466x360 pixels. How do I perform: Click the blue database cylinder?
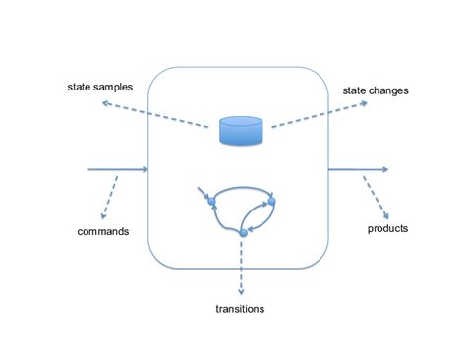(x=240, y=132)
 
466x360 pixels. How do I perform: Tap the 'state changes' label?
(x=375, y=90)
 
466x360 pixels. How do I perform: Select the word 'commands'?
(x=103, y=232)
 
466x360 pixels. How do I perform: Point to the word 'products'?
(x=387, y=228)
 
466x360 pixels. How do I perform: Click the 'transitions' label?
(x=239, y=309)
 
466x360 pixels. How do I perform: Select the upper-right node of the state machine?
(x=272, y=201)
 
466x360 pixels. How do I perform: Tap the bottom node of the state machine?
(x=243, y=233)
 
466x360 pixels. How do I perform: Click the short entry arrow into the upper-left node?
(x=202, y=193)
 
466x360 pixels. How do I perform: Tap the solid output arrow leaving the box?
(x=359, y=170)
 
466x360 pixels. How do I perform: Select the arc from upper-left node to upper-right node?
(x=241, y=186)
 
